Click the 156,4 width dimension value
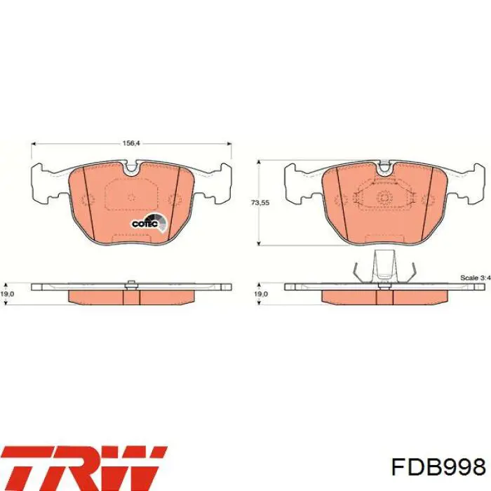(x=130, y=143)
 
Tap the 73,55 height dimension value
(x=260, y=203)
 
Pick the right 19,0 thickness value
(x=261, y=295)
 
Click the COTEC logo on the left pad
(x=149, y=222)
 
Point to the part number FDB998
(x=438, y=468)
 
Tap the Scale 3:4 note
(x=476, y=278)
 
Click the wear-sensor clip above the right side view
(x=384, y=267)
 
